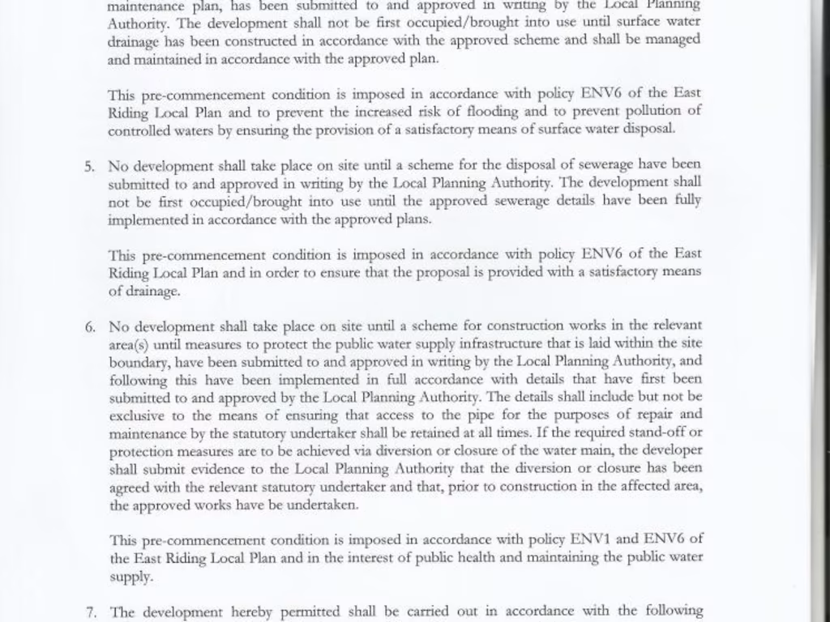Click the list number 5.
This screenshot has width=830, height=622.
tap(89, 166)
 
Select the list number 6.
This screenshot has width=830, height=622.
tap(89, 327)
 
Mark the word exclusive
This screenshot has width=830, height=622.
tap(136, 415)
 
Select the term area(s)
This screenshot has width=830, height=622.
tap(128, 344)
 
